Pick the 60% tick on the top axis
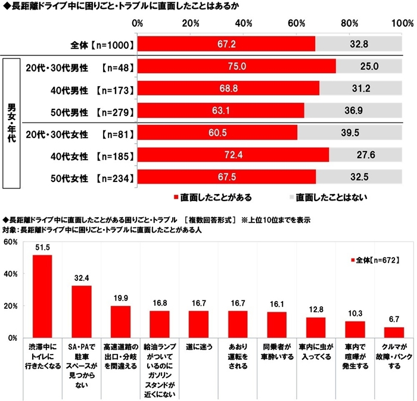(x=297, y=23)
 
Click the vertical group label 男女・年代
(x=12, y=122)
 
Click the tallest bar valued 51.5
(x=42, y=296)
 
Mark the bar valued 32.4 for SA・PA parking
(x=82, y=311)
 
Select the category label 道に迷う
(x=198, y=346)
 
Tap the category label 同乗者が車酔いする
(x=276, y=351)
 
